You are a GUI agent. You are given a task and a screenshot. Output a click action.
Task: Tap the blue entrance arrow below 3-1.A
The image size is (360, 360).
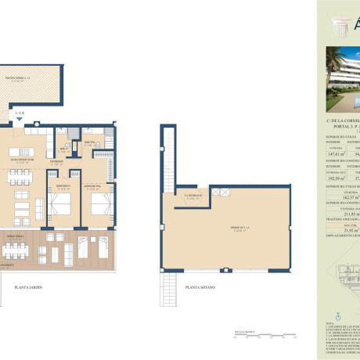(17, 119)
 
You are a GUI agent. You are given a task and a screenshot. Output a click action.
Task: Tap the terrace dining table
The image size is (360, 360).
(19, 251)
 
